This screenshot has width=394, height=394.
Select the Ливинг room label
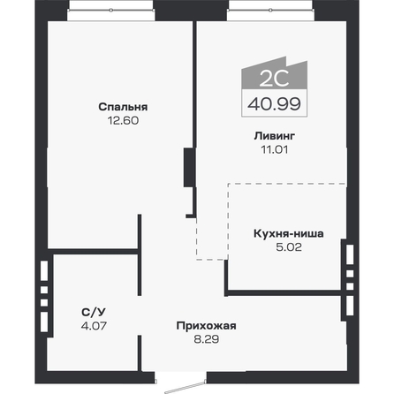269,137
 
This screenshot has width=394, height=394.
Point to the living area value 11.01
269,149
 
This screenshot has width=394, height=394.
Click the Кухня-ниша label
288,235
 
